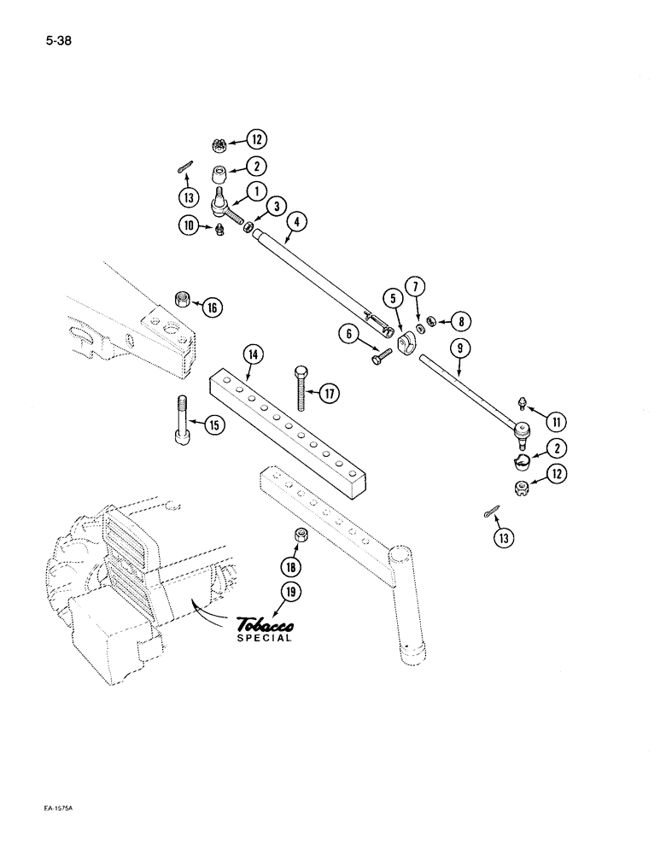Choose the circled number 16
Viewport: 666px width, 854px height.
click(212, 307)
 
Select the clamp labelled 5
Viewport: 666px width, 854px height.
click(404, 342)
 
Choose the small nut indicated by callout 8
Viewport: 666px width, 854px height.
click(433, 321)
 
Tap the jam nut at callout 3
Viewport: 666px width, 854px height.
click(248, 228)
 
